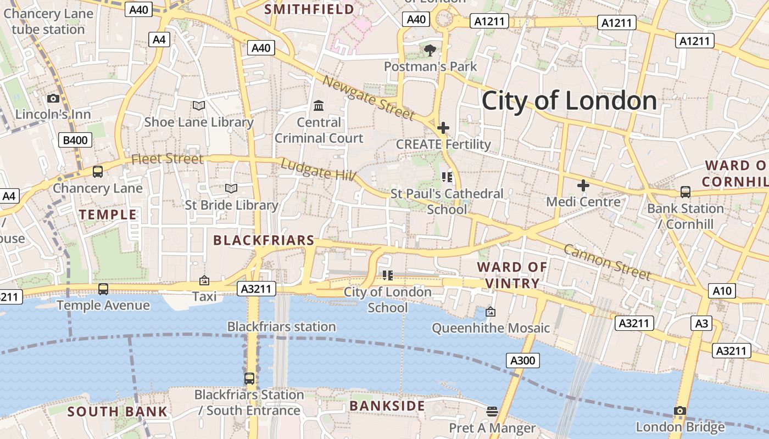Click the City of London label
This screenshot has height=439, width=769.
(569, 101)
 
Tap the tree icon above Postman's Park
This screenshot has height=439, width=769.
(430, 50)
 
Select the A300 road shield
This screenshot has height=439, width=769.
(522, 361)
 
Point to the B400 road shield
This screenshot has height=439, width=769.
(75, 140)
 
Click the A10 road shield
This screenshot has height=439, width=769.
(721, 290)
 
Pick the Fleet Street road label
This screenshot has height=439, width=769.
(167, 159)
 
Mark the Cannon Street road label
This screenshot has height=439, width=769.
(607, 262)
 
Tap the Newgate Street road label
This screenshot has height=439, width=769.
(367, 98)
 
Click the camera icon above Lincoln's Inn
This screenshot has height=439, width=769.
(53, 99)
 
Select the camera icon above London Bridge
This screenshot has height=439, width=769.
(680, 410)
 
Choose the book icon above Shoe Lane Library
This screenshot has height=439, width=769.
(199, 105)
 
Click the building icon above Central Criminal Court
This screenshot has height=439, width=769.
(319, 105)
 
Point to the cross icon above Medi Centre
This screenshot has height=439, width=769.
(583, 185)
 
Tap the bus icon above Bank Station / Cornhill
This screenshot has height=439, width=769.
(686, 192)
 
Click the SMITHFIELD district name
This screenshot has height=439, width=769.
(309, 9)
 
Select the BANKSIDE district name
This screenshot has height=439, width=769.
(387, 406)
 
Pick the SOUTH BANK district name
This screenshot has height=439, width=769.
(118, 412)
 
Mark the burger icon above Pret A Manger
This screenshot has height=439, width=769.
(492, 411)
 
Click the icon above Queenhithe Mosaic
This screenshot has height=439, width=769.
(491, 312)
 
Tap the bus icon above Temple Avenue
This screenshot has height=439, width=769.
(103, 289)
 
